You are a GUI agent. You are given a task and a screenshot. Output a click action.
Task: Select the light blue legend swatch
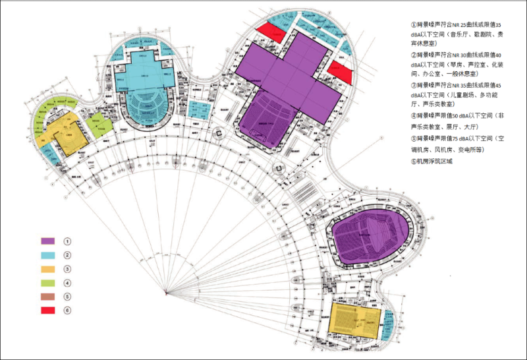(x=47, y=255)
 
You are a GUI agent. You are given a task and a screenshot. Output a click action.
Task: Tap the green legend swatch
(x=47, y=283)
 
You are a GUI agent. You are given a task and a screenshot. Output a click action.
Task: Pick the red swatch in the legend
(x=47, y=311)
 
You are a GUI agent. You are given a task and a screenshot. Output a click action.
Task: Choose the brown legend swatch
(x=47, y=297)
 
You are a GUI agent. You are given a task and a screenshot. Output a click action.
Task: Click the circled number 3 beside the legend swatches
(x=67, y=269)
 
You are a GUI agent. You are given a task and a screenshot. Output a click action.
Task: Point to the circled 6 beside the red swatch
(x=67, y=311)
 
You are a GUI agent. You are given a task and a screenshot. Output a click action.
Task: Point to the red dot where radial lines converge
(x=167, y=291)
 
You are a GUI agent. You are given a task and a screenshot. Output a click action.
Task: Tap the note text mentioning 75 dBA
(x=458, y=144)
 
